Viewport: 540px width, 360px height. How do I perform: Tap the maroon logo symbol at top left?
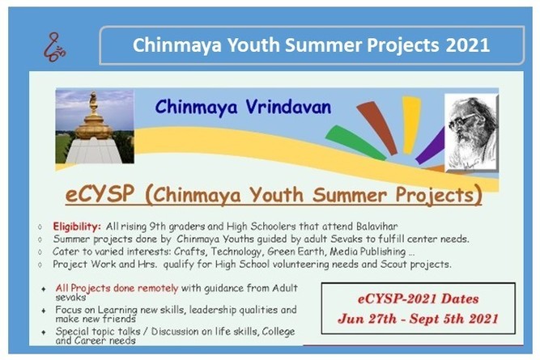[54, 47]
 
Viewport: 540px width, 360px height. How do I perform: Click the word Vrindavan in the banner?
[288, 107]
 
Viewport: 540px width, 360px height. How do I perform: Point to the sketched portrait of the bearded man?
[471, 133]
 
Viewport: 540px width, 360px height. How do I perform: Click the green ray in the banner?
[355, 142]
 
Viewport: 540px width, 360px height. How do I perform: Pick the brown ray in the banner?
[377, 127]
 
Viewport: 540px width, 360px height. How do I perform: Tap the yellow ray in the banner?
[410, 125]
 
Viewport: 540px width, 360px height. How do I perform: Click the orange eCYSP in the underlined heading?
[100, 194]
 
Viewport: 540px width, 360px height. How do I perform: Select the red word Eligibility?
[77, 227]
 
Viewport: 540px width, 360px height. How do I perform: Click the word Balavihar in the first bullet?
[376, 227]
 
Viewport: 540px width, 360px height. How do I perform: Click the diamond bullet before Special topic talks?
[44, 332]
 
